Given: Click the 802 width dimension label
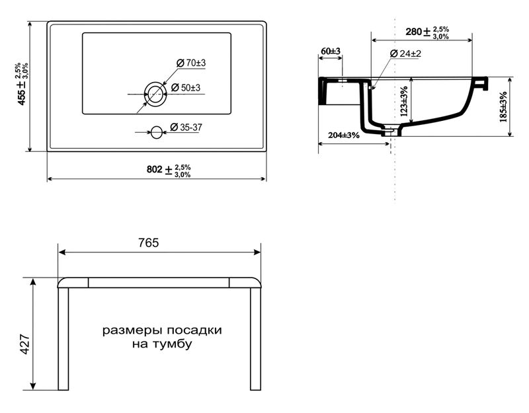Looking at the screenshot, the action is tap(169, 170).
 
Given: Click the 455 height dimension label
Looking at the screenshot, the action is tap(22, 84).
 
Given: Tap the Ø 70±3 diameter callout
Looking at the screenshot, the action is tap(191, 63).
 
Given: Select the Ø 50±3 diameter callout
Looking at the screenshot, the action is tap(186, 88).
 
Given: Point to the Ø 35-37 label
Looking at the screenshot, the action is tap(186, 127).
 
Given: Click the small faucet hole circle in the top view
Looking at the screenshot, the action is tap(156, 131).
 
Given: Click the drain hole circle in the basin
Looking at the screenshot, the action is tap(155, 94).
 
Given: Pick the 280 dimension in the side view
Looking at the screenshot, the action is tap(427, 32).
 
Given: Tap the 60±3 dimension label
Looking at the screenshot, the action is tap(331, 52).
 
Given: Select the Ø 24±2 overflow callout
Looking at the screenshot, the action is tap(405, 54).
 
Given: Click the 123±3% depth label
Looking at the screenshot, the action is tap(404, 101).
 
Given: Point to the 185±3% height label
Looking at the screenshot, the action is tap(503, 106).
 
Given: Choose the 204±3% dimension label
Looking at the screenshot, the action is tap(344, 135).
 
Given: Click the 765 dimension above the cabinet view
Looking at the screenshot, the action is tap(148, 243).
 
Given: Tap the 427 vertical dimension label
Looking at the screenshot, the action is tap(26, 344).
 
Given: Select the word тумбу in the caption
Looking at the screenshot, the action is tap(173, 344).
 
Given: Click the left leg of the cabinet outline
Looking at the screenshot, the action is tap(63, 339).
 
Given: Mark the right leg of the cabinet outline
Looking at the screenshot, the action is tap(255, 339).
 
